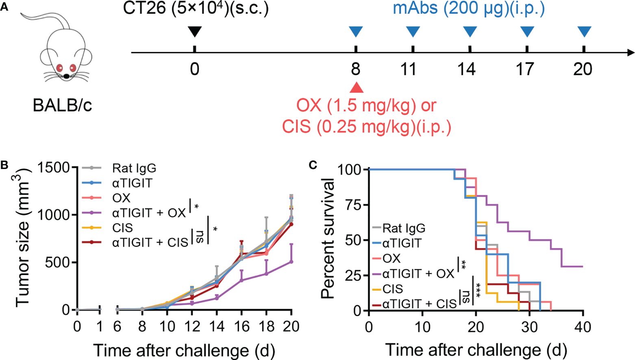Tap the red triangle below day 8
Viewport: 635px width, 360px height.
pyautogui.click(x=356, y=88)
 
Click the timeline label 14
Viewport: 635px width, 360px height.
pyautogui.click(x=466, y=69)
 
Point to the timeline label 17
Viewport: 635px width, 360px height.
pyautogui.click(x=525, y=69)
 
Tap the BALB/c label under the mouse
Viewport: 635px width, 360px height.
pyautogui.click(x=62, y=105)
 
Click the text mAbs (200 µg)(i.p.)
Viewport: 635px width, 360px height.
pyautogui.click(x=469, y=9)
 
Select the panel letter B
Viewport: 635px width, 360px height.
pyautogui.click(x=4, y=165)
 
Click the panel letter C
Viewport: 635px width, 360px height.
pyautogui.click(x=313, y=165)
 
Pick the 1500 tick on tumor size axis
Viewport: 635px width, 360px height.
pyautogui.click(x=52, y=167)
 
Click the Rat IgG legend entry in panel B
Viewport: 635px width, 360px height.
pyautogui.click(x=134, y=168)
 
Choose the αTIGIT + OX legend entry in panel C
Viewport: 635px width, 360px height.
pyautogui.click(x=418, y=273)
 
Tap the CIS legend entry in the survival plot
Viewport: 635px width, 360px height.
pyautogui.click(x=392, y=289)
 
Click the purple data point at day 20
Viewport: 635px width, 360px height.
pyautogui.click(x=291, y=261)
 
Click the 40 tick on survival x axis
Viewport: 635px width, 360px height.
pyautogui.click(x=583, y=327)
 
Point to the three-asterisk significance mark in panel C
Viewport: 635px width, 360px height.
pyautogui.click(x=478, y=289)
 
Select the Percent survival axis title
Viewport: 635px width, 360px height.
pyautogui.click(x=328, y=238)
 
